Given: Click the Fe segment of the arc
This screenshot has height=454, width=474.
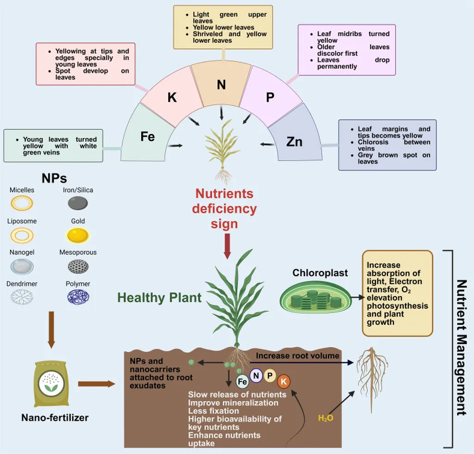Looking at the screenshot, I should [x=147, y=137].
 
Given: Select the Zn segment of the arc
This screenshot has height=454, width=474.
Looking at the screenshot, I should [x=294, y=140].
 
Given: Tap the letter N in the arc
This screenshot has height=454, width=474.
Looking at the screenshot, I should [x=221, y=85].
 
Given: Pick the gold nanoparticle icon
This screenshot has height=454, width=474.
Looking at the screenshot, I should [x=78, y=236].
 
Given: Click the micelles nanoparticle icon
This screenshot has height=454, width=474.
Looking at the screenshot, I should [x=22, y=203].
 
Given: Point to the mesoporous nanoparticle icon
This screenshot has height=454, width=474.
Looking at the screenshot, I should [x=78, y=266].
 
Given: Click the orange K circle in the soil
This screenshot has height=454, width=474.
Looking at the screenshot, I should [x=284, y=382].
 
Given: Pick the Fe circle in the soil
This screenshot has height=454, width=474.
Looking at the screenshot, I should [x=242, y=381].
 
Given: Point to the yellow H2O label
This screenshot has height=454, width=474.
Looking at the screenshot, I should [x=325, y=418].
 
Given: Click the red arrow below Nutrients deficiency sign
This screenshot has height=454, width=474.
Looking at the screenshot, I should [x=227, y=246].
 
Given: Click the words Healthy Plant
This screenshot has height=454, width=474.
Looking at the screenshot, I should [x=159, y=298].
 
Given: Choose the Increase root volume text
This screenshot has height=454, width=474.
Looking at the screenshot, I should [x=298, y=356].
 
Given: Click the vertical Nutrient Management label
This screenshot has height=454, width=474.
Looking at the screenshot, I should [x=461, y=347].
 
